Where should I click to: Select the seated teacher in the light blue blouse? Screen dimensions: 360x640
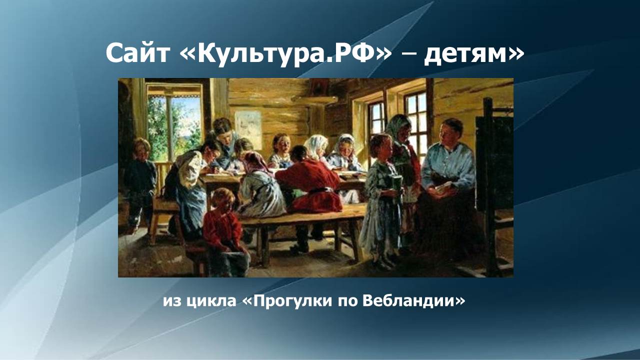pos(446,170)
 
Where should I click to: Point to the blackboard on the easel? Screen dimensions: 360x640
pos(494,160)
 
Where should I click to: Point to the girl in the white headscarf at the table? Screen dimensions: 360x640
pos(316,150)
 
